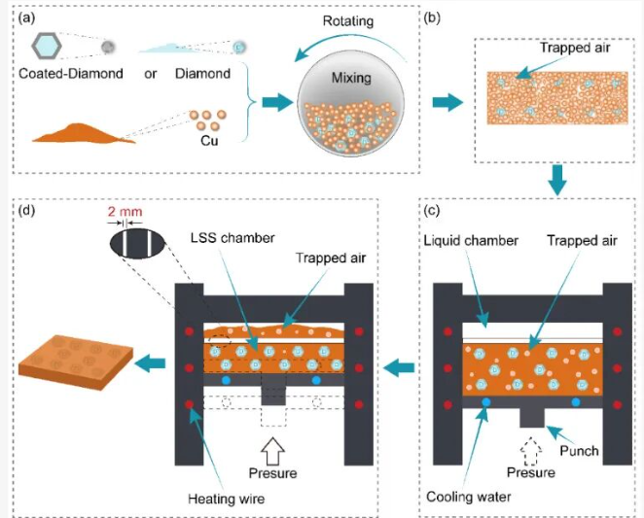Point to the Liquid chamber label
point(473,240)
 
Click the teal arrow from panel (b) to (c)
point(557,180)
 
